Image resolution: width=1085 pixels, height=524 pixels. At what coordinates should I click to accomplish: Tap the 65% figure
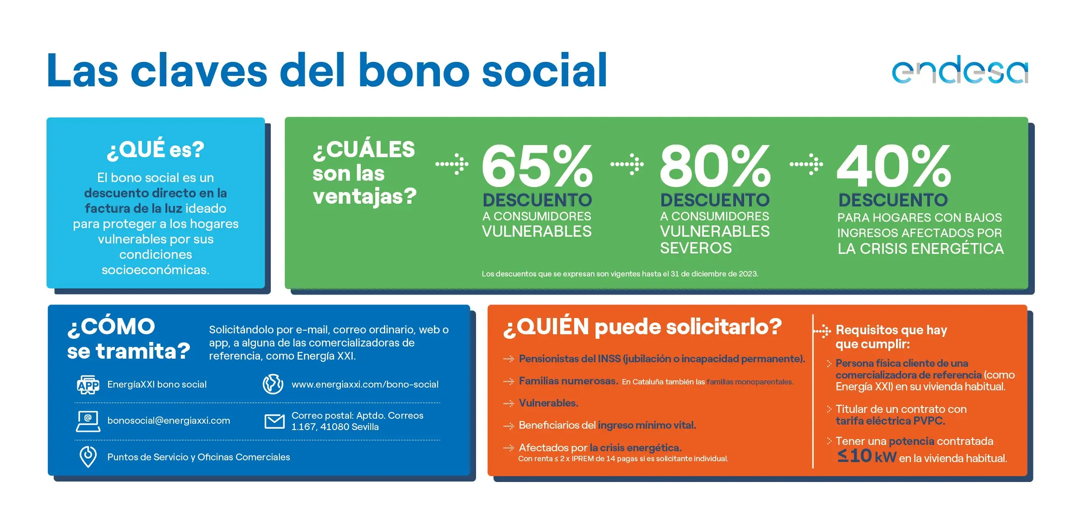tap(537, 166)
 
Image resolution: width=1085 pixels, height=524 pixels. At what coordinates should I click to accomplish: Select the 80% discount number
tap(715, 166)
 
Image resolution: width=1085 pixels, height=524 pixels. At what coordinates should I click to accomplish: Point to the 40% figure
tap(894, 166)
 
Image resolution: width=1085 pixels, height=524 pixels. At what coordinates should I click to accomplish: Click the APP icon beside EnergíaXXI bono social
tap(88, 384)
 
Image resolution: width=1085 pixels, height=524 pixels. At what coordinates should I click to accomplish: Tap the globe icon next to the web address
tap(273, 384)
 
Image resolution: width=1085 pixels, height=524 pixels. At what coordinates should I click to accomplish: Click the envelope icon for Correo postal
tap(274, 421)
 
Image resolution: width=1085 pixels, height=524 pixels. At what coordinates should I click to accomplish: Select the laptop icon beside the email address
tap(88, 421)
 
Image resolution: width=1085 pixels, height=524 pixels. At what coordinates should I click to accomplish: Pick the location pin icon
tap(88, 457)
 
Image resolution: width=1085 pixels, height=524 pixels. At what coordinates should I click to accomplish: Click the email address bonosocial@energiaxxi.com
tap(169, 421)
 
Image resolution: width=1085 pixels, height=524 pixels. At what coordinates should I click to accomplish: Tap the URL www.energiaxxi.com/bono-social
tap(365, 384)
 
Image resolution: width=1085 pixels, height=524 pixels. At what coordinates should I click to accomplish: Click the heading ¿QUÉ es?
tap(156, 150)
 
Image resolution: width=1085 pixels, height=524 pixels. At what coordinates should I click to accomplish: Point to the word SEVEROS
tap(696, 248)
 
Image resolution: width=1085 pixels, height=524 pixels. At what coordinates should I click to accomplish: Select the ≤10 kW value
tap(867, 456)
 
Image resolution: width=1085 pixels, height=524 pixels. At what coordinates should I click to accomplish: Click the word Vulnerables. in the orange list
tap(549, 403)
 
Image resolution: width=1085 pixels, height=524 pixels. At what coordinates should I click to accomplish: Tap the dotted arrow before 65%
tap(452, 164)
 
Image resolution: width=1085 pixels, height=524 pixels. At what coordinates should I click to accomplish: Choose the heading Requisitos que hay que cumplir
tap(891, 337)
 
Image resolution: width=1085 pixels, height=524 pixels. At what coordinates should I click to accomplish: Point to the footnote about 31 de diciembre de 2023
tap(620, 274)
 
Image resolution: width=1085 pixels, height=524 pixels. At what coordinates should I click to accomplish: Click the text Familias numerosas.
tap(568, 381)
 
